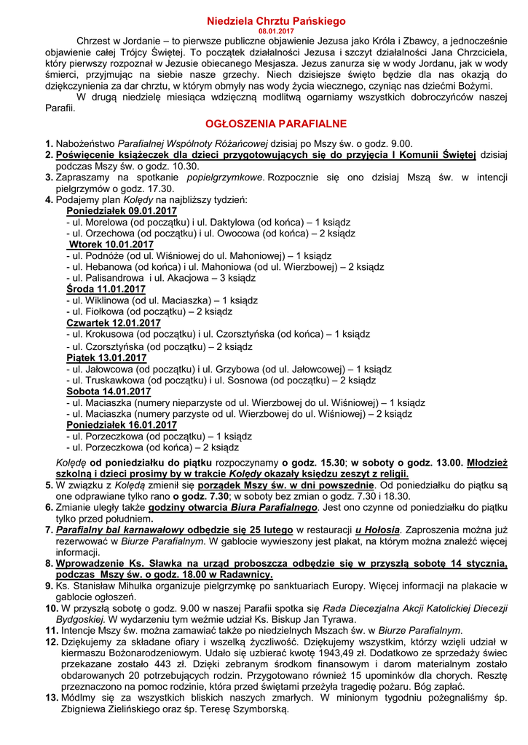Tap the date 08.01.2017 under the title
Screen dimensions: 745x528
(x=264, y=31)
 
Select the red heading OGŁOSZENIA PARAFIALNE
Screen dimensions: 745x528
(x=265, y=124)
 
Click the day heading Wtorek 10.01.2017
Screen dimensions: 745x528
(x=104, y=244)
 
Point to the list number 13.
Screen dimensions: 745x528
(x=51, y=697)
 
